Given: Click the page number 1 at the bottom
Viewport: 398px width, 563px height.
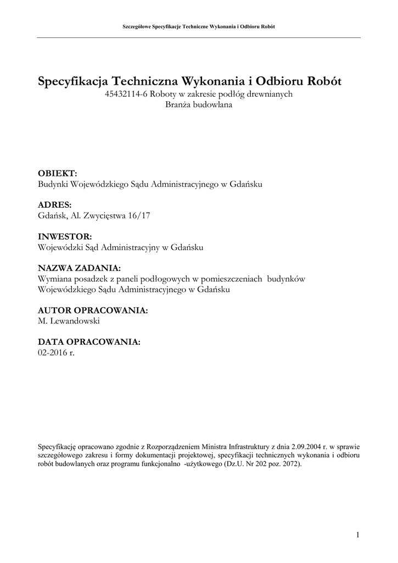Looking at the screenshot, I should pos(357,534).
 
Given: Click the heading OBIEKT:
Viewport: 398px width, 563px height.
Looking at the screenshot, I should pos(58,173).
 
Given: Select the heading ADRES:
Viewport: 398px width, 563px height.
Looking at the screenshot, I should pos(55,205).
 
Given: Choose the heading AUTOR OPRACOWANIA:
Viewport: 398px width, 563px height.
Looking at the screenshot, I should pos(93,310).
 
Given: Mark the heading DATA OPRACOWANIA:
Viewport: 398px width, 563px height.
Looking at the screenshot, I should pos(89,342).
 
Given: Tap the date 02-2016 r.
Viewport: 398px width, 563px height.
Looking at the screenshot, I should pos(55,352).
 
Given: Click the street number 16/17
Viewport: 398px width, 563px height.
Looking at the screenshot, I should pos(139,216).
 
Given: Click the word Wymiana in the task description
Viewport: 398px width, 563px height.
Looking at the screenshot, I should pos(54,279).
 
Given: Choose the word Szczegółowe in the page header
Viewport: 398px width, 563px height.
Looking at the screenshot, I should pos(139,26).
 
